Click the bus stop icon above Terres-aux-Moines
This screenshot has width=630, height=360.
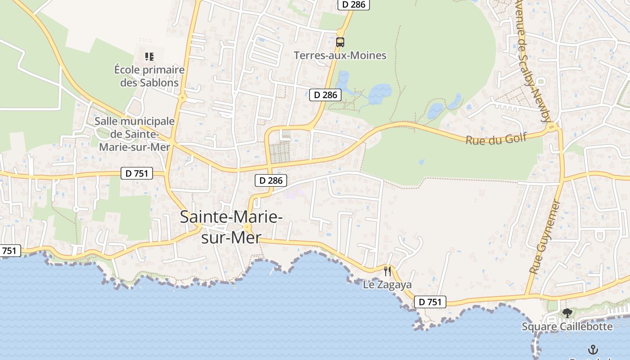point(340,42)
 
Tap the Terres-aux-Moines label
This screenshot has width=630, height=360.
point(340,55)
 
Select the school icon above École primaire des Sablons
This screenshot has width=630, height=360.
point(149,57)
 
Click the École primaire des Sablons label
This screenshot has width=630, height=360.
point(149,76)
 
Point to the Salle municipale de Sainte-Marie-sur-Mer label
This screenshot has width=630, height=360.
point(135,134)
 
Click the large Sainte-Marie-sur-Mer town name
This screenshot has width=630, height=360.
point(231,227)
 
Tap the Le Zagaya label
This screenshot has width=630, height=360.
point(387,284)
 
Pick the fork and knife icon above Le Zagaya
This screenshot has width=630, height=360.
point(387,271)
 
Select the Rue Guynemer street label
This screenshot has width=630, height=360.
point(545,237)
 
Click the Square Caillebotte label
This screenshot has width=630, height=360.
point(567,326)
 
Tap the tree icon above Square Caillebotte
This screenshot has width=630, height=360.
point(567,313)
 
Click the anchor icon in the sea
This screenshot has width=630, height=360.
point(593,349)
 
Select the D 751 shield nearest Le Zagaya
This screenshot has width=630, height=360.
point(430,302)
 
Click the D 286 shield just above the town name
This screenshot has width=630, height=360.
point(271,180)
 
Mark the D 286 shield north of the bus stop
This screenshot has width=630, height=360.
point(354,4)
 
